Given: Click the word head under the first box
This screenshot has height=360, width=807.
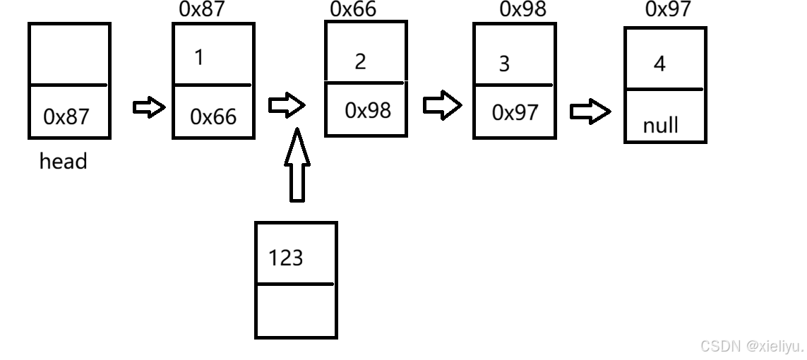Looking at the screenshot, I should click(63, 162).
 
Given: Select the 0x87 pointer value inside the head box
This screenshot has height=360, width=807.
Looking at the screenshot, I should click(66, 116).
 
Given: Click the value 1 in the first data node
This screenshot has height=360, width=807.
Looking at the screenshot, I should click(199, 57).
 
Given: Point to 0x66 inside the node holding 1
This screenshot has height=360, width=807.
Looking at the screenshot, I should click(213, 116).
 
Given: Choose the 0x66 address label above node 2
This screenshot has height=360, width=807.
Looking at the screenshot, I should click(353, 9).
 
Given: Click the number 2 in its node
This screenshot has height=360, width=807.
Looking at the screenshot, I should click(360, 61).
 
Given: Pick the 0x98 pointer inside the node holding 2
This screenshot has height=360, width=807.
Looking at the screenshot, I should click(367, 110).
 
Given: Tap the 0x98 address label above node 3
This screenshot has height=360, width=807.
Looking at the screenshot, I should click(522, 9).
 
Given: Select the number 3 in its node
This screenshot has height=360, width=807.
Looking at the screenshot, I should click(503, 64).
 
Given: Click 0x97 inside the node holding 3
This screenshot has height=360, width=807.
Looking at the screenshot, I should click(515, 112).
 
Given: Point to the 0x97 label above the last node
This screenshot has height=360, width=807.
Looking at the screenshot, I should click(668, 9).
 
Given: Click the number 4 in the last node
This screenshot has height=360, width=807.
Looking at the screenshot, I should click(659, 64).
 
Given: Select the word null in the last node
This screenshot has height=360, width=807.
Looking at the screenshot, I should click(660, 126).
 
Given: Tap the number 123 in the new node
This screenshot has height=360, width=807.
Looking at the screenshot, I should click(285, 258).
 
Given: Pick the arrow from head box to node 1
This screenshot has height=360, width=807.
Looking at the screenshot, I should click(149, 108).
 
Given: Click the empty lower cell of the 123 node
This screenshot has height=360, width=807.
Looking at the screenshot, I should click(295, 311).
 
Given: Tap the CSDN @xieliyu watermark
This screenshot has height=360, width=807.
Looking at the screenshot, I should click(751, 346).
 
